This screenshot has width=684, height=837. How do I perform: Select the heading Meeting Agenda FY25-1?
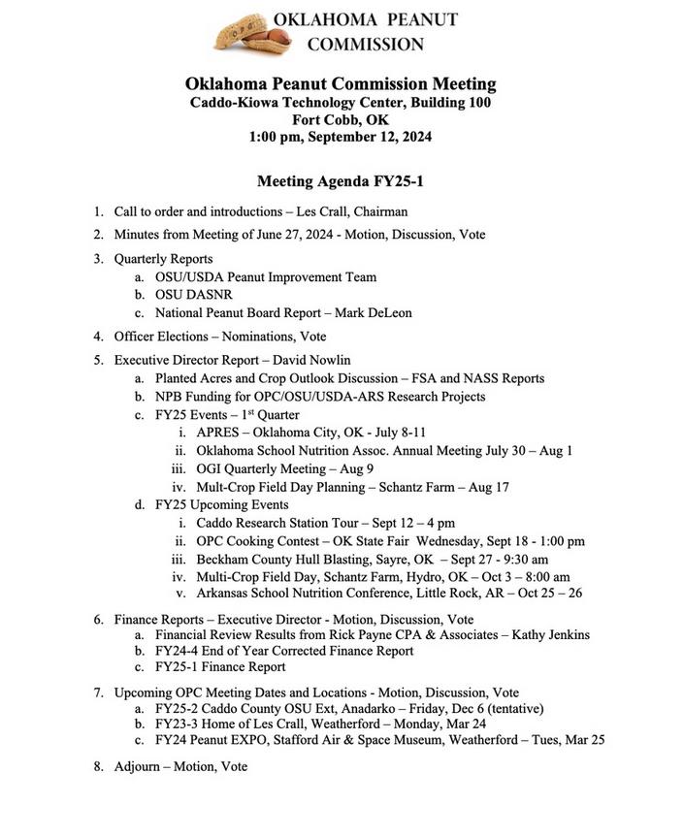340,181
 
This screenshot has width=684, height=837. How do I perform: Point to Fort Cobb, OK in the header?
340,119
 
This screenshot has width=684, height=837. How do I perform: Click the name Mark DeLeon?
381,313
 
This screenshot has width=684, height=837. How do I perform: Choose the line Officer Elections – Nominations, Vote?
220,337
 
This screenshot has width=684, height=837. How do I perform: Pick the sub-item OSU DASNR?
194,295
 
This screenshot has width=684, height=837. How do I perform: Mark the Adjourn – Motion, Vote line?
180,766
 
